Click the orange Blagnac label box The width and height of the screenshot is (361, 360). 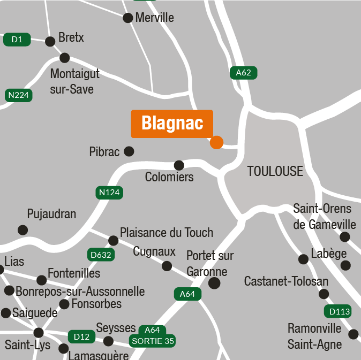coord(172,124)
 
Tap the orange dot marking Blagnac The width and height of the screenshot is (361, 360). coord(216,142)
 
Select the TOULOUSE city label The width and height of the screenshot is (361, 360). coord(275,172)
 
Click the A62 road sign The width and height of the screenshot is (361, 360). coord(244,73)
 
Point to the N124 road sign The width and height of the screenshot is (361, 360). coord(109,193)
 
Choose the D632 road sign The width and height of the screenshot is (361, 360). coord(101,255)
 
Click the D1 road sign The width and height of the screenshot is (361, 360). coord(17,39)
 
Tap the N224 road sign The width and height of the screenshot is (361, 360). coord(19,95)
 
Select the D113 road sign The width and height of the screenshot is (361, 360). coord(338,311)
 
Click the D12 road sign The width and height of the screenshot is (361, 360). coord(81,336)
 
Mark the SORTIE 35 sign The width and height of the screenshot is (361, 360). coord(153,341)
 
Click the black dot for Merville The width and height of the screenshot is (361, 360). coord(128,18)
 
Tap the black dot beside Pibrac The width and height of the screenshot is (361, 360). coord(129,151)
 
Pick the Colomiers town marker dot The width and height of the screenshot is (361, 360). coord(179,165)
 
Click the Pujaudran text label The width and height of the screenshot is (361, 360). coord(51,215)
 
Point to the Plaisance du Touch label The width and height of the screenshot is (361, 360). coord(166,233)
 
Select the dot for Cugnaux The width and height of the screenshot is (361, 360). coord(167,266)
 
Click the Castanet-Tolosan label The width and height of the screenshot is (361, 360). coord(286,281)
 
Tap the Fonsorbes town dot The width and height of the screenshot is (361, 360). coord(64,304)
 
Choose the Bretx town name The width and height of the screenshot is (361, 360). coord(71,38)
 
